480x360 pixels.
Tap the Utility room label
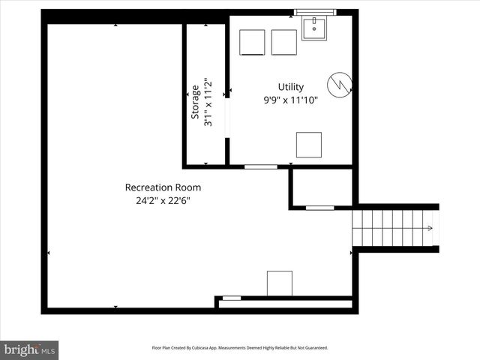[290, 87]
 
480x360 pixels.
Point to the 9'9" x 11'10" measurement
[290, 100]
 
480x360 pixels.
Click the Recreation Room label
[163, 187]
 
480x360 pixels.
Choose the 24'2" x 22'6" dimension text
[163, 200]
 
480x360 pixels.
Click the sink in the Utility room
[315, 28]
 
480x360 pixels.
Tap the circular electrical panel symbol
[337, 83]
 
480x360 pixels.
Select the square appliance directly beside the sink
[284, 42]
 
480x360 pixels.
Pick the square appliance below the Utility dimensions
[308, 144]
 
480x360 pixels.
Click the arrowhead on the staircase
[431, 228]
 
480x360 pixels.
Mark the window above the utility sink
[315, 12]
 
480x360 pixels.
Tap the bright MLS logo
[30, 349]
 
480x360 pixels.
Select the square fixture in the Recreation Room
[279, 283]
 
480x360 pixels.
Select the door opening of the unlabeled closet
[320, 207]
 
